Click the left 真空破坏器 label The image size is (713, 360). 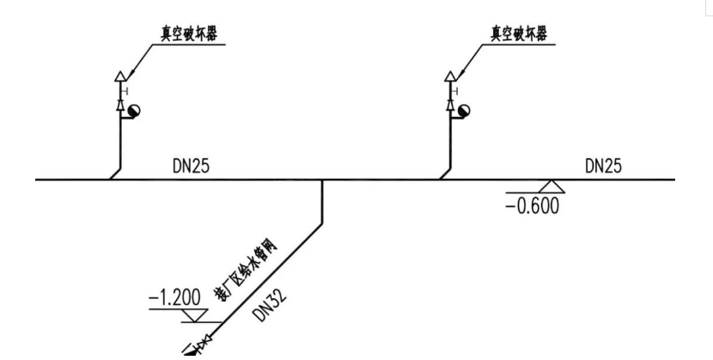pyautogui.click(x=189, y=34)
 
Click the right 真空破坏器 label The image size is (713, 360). pyautogui.click(x=519, y=34)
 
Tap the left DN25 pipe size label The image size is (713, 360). pyautogui.click(x=191, y=167)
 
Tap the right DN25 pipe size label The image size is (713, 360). pyautogui.click(x=603, y=167)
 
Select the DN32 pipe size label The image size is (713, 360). pyautogui.click(x=270, y=306)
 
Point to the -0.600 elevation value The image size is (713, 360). pyautogui.click(x=532, y=206)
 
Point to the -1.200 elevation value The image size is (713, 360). pyautogui.click(x=174, y=298)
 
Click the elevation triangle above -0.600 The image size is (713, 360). pyautogui.click(x=552, y=186)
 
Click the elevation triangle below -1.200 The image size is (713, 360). pyautogui.click(x=195, y=315)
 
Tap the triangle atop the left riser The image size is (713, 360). pyautogui.click(x=120, y=76)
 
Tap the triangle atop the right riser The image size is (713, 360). pyautogui.click(x=450, y=76)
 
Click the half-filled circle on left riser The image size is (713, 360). pyautogui.click(x=134, y=111)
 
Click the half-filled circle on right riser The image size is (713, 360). pyautogui.click(x=464, y=111)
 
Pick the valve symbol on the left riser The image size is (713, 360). pyautogui.click(x=120, y=105)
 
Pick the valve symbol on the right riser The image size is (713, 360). pyautogui.click(x=450, y=105)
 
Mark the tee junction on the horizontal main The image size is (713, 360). pyautogui.click(x=322, y=180)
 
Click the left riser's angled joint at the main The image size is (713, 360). pyautogui.click(x=115, y=174)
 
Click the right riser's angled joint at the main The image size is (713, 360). pyautogui.click(x=445, y=174)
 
